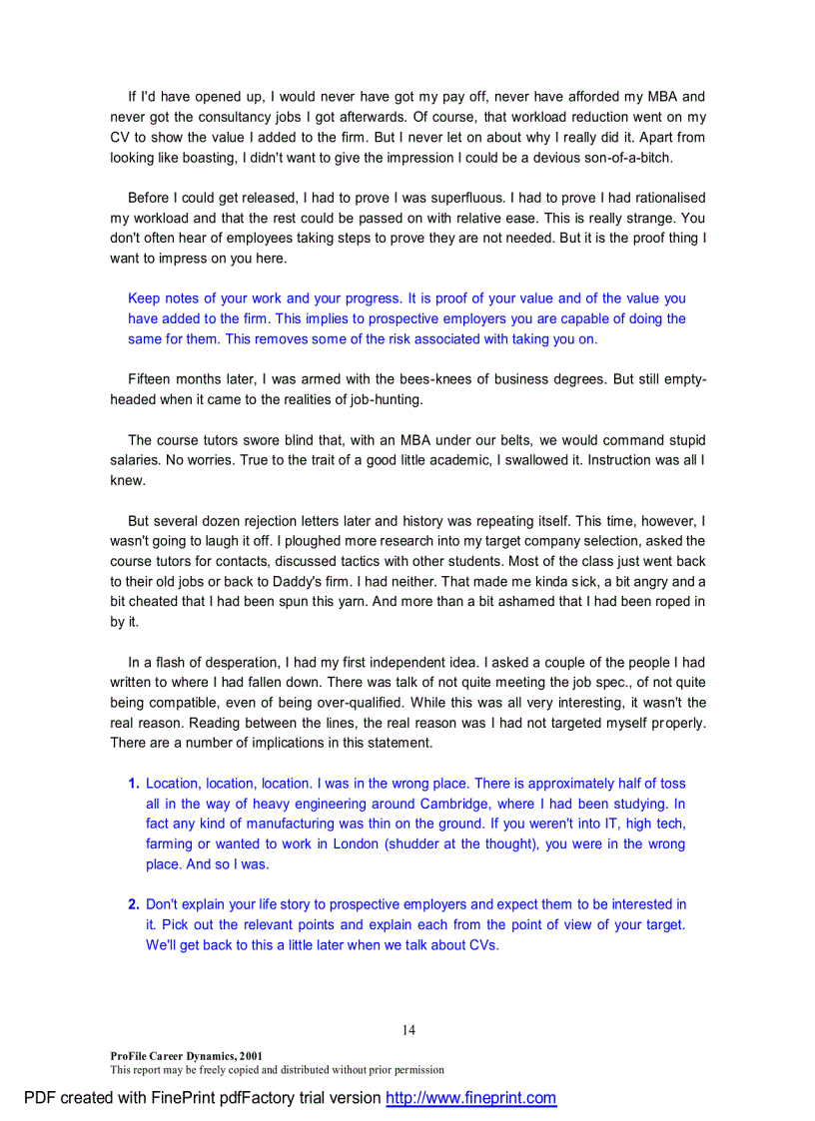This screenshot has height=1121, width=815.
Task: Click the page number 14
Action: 408,1030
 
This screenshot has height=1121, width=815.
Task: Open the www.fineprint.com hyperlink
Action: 470,1098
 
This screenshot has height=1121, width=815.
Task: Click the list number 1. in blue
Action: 134,784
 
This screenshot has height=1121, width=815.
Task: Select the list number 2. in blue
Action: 134,904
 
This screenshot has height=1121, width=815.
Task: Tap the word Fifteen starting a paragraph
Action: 154,379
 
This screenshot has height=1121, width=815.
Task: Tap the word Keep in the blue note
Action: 144,298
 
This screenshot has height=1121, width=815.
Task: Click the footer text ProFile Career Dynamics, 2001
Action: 187,1055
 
